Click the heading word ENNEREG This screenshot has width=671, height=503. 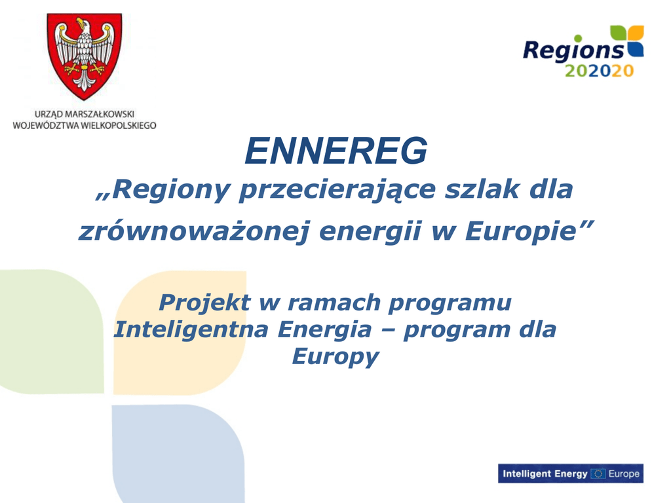tap(336, 151)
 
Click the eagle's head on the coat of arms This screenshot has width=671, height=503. tap(83, 26)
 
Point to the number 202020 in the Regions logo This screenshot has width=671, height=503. tap(599, 71)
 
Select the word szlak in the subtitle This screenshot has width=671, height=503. tap(482, 189)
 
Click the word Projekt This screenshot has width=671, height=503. tap(204, 303)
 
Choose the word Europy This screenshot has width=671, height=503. tap(335, 357)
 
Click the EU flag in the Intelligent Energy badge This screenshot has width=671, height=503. tap(598, 474)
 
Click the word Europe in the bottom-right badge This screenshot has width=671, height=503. tap(624, 474)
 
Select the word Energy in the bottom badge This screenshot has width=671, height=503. tap(571, 474)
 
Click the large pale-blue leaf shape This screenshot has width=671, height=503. tap(178, 453)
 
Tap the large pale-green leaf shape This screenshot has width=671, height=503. tap(52, 331)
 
